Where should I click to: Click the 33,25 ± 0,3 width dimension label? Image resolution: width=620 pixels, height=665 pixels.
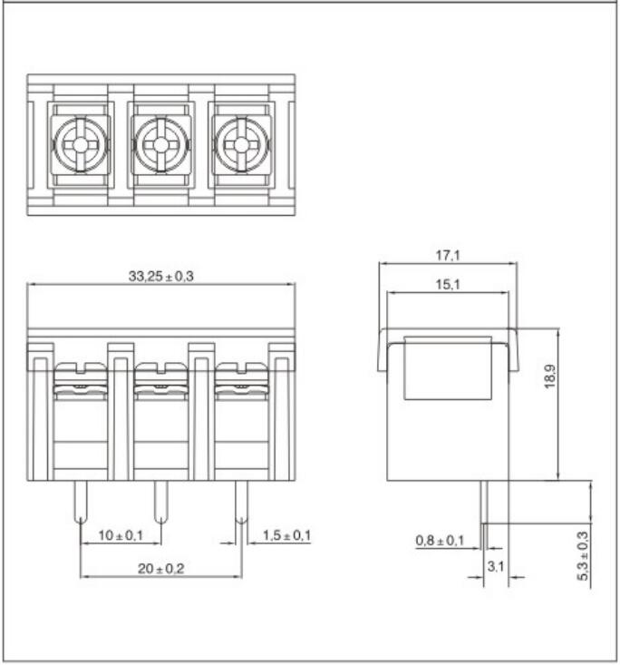(161, 277)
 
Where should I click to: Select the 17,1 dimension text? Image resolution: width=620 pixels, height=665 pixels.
(448, 256)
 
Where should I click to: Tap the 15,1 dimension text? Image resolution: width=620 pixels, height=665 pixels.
(448, 285)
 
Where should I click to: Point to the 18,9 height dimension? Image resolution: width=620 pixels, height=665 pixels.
(549, 377)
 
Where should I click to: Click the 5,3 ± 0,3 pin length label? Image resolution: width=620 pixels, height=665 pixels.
(583, 555)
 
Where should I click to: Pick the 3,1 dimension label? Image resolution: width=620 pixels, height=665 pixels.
(496, 566)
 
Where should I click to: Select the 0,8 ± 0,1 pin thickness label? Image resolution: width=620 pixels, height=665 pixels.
(440, 541)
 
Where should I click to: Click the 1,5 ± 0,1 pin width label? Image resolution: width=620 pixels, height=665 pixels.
(287, 535)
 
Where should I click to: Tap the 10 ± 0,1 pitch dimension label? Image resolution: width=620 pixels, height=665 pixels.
(121, 535)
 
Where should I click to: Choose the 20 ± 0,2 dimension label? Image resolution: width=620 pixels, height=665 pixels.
(161, 569)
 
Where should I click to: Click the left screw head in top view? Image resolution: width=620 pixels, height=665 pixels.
(81, 145)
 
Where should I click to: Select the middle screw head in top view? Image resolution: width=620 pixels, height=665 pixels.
(161, 145)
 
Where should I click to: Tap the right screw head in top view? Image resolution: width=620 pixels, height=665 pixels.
(241, 145)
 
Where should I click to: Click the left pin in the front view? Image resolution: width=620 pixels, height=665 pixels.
(81, 502)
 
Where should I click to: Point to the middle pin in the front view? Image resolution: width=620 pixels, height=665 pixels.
(161, 502)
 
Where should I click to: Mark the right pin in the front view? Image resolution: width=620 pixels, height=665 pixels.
(241, 502)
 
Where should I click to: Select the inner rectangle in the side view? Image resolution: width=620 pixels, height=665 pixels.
(448, 368)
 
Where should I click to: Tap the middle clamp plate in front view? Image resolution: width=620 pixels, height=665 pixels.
(161, 381)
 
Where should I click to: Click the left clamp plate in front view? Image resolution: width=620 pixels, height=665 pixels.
(81, 381)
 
